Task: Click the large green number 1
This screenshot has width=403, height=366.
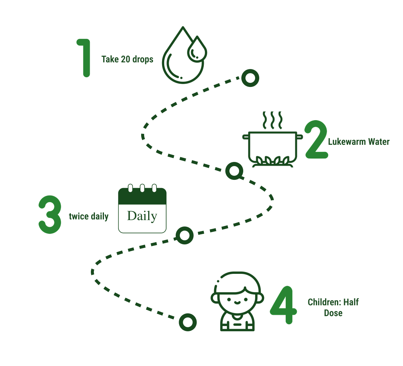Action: (85, 58)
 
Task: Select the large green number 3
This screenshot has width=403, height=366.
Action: (50, 216)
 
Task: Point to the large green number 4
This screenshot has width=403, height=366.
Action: (283, 305)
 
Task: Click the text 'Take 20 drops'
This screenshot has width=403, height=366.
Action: (127, 59)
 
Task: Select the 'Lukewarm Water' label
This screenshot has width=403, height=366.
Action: (359, 142)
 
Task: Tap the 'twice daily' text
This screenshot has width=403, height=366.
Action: (89, 216)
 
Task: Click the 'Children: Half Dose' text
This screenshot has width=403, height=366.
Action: (333, 307)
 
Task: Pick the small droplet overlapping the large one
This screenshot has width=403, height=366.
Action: (197, 50)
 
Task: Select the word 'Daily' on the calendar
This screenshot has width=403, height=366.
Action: (142, 216)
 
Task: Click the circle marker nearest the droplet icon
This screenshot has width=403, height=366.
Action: (250, 78)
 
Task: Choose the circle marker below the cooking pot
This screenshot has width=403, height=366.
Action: (234, 171)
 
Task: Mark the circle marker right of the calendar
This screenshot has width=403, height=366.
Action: (184, 235)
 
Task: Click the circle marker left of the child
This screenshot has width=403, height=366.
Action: (187, 322)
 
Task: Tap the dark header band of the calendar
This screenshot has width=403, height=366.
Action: (142, 197)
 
